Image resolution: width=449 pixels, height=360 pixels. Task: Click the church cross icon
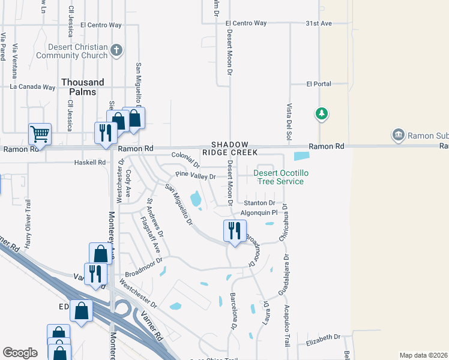click(x=117, y=50)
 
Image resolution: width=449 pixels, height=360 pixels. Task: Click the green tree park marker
click(x=322, y=113)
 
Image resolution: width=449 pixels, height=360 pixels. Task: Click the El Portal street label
click(x=319, y=84)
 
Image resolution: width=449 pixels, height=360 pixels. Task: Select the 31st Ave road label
click(x=318, y=23)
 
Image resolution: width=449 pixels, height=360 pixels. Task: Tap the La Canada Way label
click(x=33, y=87)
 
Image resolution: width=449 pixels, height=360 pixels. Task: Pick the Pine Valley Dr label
click(x=195, y=176)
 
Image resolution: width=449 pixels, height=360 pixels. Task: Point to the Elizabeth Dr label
click(x=323, y=337)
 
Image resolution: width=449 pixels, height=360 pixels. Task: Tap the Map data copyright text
click(x=423, y=355)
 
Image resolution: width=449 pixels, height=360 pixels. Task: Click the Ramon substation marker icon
click(x=398, y=135)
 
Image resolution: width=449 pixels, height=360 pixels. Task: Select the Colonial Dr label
click(x=185, y=157)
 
